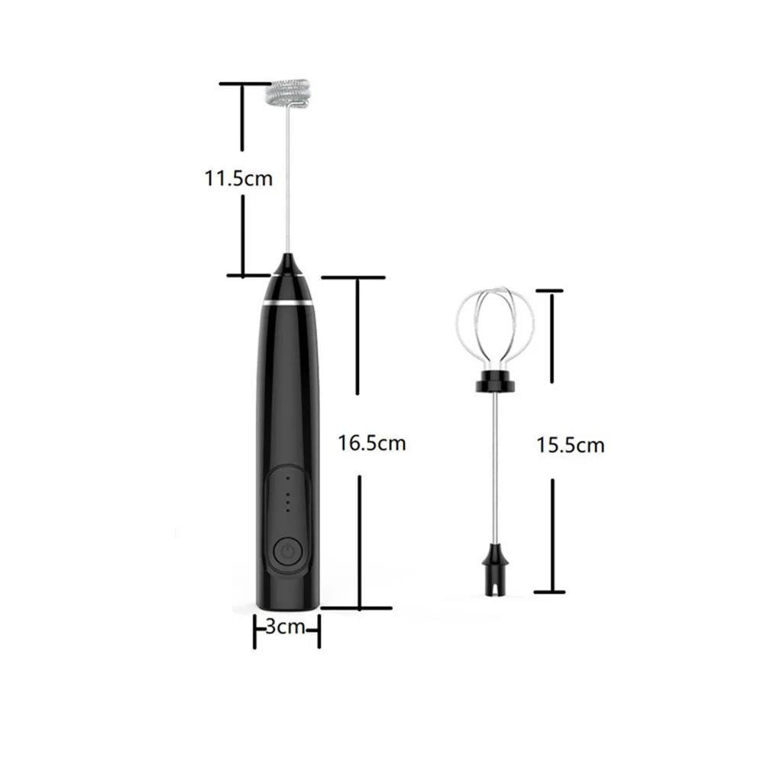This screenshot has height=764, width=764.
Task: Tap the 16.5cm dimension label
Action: click(371, 443)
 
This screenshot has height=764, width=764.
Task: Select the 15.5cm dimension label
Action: click(570, 445)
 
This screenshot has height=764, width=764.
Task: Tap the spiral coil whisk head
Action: click(289, 93)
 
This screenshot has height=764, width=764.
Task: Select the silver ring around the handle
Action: click(288, 303)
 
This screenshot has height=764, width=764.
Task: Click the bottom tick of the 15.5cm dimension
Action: click(549, 591)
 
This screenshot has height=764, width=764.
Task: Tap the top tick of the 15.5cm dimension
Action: click(549, 290)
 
